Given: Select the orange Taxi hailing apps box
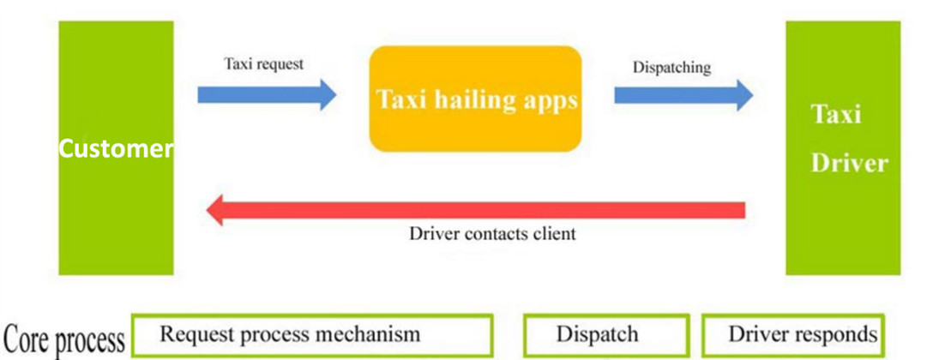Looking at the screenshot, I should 476,99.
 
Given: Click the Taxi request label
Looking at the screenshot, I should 263,64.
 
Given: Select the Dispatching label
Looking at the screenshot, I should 671,68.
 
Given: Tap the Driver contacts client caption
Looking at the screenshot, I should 492,233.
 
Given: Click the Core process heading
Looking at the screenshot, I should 64,339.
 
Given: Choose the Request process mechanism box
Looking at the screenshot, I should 312,334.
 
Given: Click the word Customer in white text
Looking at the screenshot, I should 116,149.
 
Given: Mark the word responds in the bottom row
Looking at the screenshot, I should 834,334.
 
